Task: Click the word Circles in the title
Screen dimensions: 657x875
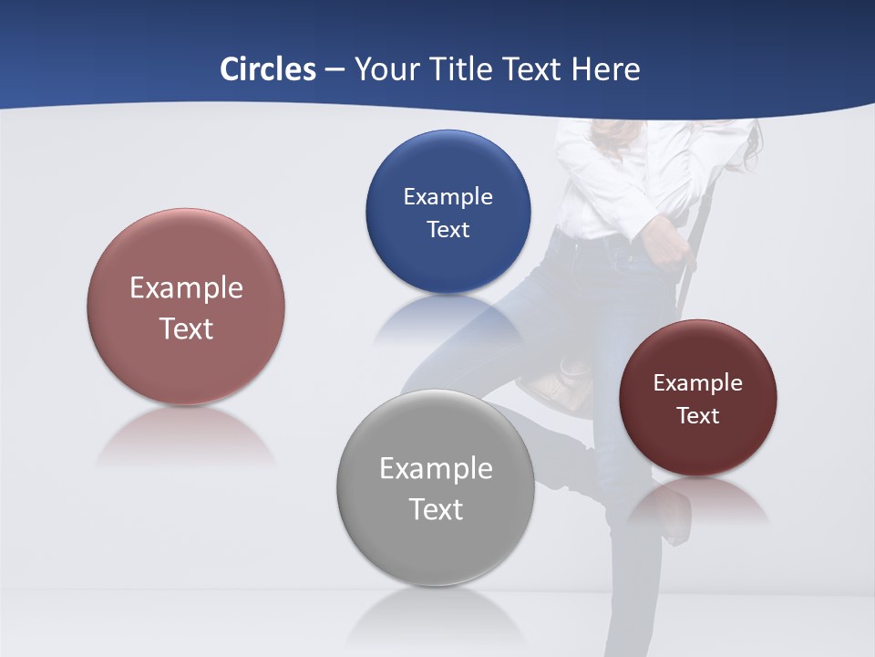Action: [x=268, y=69]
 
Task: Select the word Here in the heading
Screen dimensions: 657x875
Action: [x=606, y=69]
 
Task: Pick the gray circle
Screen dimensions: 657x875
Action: [x=436, y=547]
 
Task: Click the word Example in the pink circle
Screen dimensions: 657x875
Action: [x=186, y=287]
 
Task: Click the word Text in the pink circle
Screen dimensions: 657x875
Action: [x=186, y=328]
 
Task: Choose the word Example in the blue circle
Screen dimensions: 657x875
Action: [x=448, y=196]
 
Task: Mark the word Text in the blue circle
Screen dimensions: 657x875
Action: [x=448, y=229]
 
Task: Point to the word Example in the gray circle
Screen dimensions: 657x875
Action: [x=436, y=468]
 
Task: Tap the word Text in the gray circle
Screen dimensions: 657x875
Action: [x=436, y=509]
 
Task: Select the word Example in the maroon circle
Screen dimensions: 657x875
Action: [x=698, y=382]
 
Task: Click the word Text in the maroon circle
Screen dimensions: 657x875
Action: [x=698, y=415]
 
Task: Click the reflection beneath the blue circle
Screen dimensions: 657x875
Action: [x=447, y=319]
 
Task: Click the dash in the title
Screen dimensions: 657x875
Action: [x=335, y=69]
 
